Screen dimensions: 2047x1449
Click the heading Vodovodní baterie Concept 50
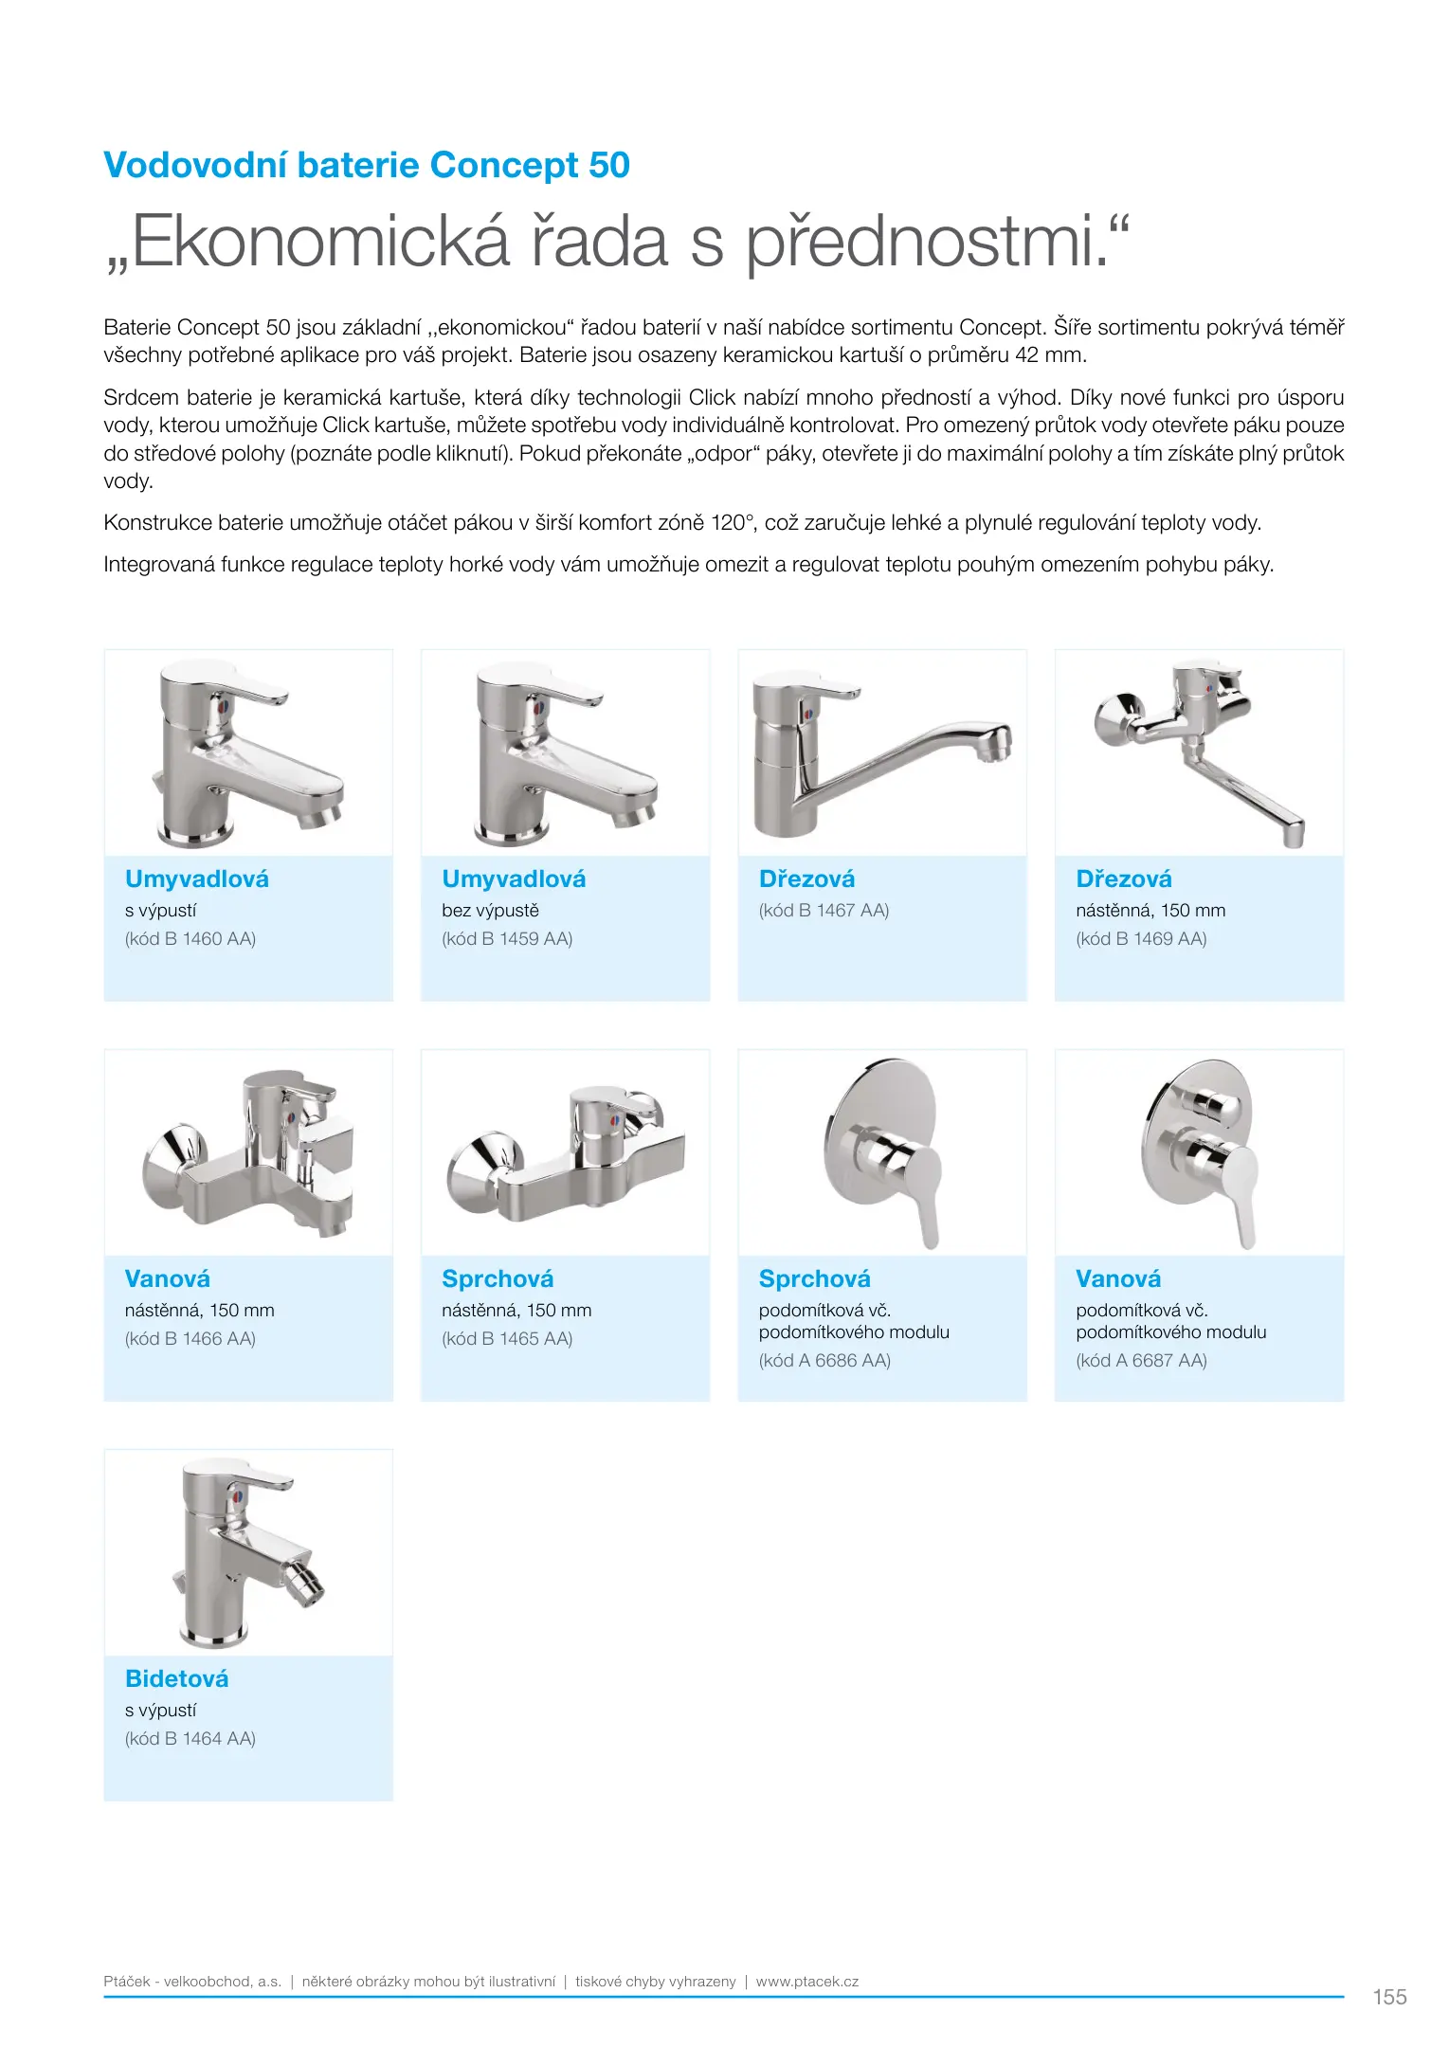[x=366, y=165]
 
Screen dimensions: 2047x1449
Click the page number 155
[x=1389, y=1997]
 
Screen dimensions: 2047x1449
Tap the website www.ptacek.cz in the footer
[x=806, y=1982]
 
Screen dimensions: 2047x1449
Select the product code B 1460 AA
[x=190, y=938]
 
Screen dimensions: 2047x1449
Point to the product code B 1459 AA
[x=507, y=938]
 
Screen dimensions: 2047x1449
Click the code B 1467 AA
[x=824, y=910]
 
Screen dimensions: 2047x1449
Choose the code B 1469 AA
[x=1141, y=938]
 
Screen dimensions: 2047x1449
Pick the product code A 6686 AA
[x=824, y=1360]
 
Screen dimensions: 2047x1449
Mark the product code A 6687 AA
[x=1141, y=1360]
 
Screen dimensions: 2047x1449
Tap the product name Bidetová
[x=177, y=1678]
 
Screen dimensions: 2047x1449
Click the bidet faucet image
[x=248, y=1553]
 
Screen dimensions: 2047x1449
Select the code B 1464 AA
[x=190, y=1738]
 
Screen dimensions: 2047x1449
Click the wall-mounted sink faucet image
[x=1199, y=753]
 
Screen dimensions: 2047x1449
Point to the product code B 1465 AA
[x=507, y=1338]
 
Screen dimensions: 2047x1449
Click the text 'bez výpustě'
[x=490, y=910]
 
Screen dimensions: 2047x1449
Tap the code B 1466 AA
[x=190, y=1338]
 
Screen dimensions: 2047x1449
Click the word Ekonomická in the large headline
[x=320, y=243]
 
